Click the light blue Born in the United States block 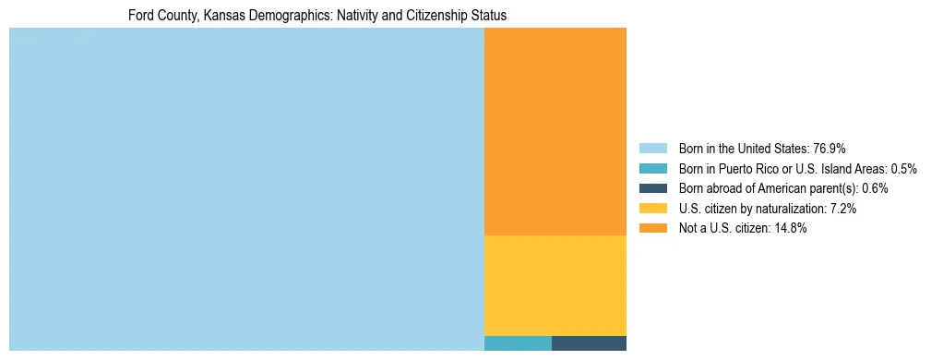[x=246, y=189]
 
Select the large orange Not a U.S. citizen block [x=555, y=131]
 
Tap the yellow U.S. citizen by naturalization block [x=555, y=285]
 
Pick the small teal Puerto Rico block [x=518, y=343]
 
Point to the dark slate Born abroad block [x=589, y=343]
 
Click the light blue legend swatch [x=652, y=149]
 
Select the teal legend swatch [x=652, y=169]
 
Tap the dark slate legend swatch [x=652, y=188]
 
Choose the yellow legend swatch [x=652, y=209]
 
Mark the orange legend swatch [x=652, y=229]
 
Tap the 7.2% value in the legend [x=843, y=209]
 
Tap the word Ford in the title [x=141, y=17]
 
